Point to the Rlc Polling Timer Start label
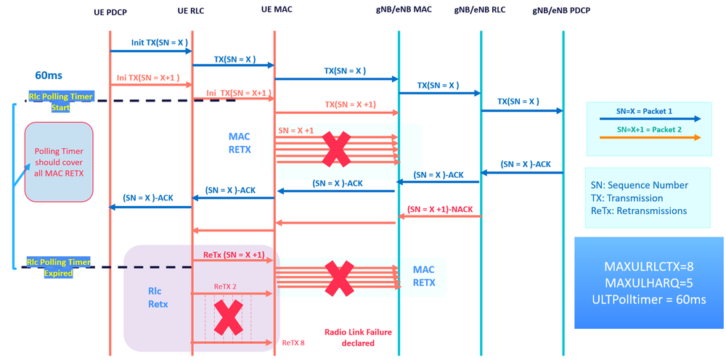pos(60,101)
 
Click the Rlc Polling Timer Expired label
pos(57,268)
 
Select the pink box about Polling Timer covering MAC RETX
pos(59,161)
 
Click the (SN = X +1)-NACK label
pos(440,209)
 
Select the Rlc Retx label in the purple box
pos(158,298)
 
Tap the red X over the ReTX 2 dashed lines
pos(227,317)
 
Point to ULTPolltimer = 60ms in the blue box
pos(650,298)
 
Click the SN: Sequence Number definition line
pos(638,184)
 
